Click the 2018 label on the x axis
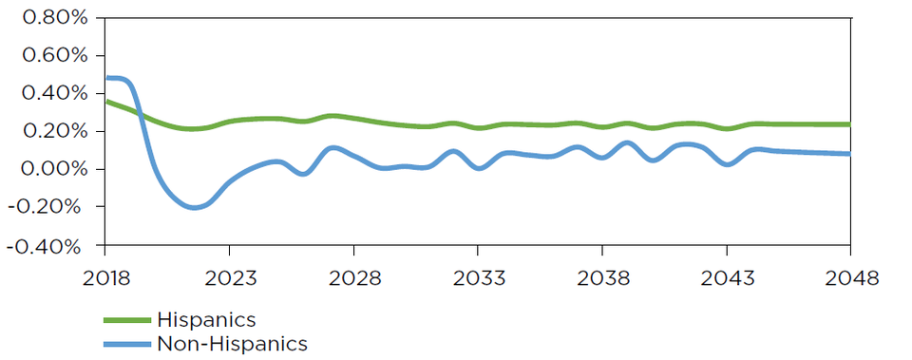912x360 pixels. pos(104,279)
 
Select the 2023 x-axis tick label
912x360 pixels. pos(229,279)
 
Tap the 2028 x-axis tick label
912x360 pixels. pos(353,279)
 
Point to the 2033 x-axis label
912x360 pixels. pos(477,279)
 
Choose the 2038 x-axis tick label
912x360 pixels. pos(601,279)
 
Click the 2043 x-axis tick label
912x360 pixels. pos(726,279)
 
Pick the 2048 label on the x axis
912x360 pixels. pos(849,279)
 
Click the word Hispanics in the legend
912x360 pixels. pos(206,320)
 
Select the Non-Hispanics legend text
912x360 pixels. pos(232,343)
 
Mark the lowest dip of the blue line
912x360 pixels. pos(196,207)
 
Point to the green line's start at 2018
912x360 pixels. pos(106,101)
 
